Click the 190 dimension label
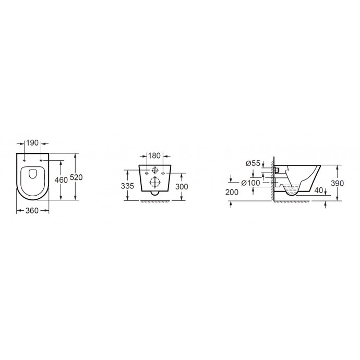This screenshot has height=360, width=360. [x=32, y=143]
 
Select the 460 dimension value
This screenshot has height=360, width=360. [x=61, y=180]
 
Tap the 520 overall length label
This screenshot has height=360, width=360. [x=76, y=177]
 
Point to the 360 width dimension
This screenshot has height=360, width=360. [x=32, y=211]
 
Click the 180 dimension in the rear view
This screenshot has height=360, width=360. [x=154, y=155]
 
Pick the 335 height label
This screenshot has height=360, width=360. [x=127, y=186]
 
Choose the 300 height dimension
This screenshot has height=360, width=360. [x=182, y=187]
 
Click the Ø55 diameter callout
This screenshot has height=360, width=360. [x=253, y=163]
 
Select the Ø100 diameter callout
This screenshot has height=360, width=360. [x=251, y=183]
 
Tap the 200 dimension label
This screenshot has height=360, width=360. [x=232, y=192]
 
